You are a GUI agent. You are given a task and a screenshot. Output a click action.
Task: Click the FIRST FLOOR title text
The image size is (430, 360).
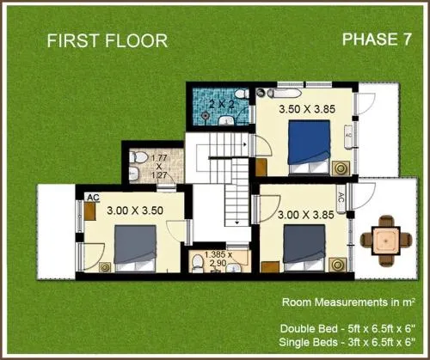coord(107,40)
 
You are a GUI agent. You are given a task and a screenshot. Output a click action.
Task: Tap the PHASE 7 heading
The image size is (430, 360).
coord(377,40)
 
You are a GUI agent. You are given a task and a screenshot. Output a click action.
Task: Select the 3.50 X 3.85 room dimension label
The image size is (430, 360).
coord(307,109)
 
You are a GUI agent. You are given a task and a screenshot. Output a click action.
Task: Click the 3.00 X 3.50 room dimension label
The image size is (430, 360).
coord(135,211)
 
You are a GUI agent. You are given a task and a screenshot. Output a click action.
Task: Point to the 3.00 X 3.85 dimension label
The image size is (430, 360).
coord(306,215)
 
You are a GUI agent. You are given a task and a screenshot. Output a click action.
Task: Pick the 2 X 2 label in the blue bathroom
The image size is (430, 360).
coord(222,104)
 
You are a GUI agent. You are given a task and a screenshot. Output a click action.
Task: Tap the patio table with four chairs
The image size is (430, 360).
coord(386,241)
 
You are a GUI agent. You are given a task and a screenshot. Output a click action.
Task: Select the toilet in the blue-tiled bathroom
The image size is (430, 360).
coord(242,94)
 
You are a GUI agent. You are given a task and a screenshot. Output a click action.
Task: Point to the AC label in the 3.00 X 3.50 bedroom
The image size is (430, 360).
coord(93,198)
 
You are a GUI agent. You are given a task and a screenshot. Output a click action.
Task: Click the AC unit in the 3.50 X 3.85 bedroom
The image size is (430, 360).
coord(348,137)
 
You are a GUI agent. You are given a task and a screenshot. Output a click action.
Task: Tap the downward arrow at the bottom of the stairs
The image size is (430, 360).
coord(237,222)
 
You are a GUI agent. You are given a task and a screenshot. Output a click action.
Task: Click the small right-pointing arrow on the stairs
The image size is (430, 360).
coord(245,144)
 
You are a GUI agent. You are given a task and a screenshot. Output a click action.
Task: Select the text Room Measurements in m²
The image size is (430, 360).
coord(348,302)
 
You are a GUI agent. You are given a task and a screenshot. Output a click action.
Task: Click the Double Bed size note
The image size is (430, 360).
coord(347,329)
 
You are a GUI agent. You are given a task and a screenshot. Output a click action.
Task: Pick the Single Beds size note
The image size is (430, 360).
coord(347,342)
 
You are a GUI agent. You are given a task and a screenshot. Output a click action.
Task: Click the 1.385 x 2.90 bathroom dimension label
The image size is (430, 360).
coord(218,259)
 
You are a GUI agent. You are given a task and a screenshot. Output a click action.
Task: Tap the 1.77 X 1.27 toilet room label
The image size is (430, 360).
coord(159,167)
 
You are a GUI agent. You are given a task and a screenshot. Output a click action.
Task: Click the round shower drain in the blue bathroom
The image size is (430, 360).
coord(206,116)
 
